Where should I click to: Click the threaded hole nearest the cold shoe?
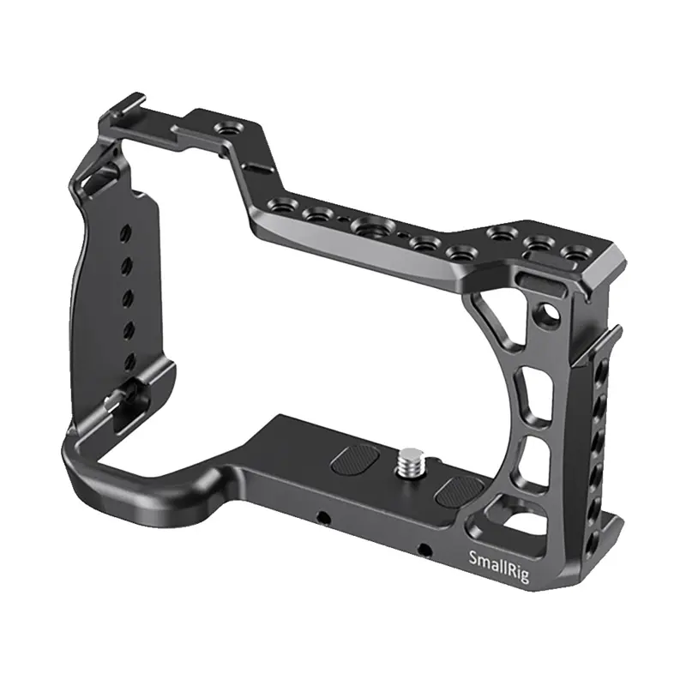point(229,129)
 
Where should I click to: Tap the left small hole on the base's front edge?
point(322,517)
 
